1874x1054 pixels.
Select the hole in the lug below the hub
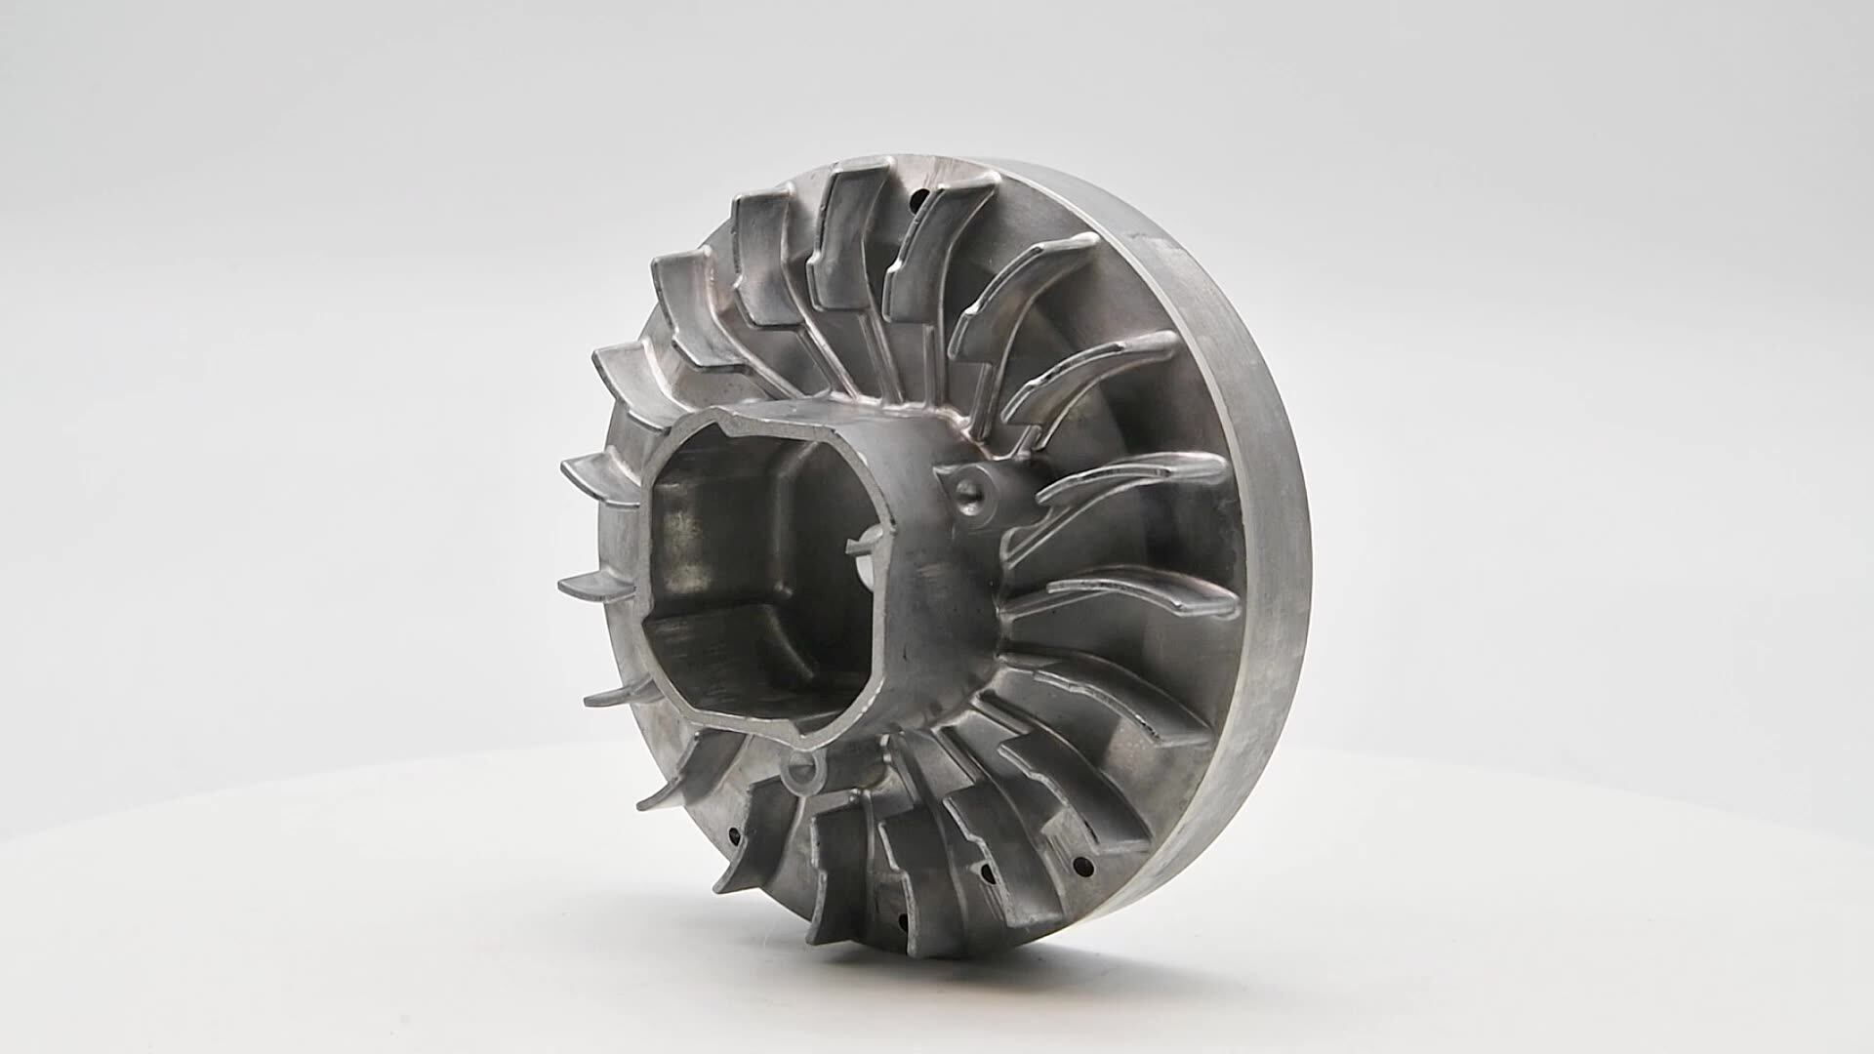[802, 771]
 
